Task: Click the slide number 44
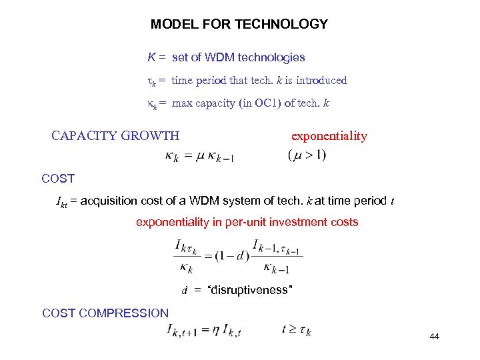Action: coord(435,337)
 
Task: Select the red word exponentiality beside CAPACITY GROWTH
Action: coord(329,136)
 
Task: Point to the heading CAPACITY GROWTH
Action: coord(115,136)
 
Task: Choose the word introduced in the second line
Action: coord(321,81)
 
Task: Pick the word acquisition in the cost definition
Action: coord(111,201)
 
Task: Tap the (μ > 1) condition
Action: coord(307,155)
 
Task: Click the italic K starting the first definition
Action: coord(151,58)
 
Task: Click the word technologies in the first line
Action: coord(274,58)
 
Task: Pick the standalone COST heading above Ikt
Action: coord(58,179)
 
